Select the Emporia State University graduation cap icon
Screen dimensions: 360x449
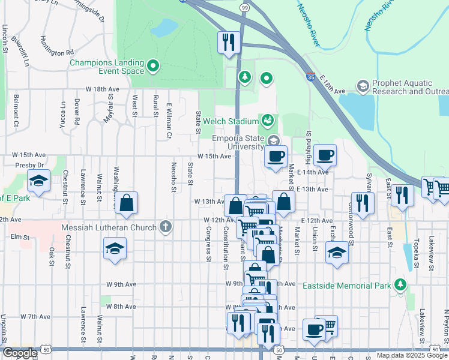click(273, 141)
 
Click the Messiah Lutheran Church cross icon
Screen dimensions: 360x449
click(166, 227)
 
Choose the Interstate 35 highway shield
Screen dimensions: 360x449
click(310, 77)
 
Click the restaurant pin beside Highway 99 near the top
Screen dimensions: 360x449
click(228, 42)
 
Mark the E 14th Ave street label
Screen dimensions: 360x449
click(313, 172)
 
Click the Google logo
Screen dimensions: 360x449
click(20, 353)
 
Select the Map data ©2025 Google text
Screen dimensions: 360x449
click(411, 355)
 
